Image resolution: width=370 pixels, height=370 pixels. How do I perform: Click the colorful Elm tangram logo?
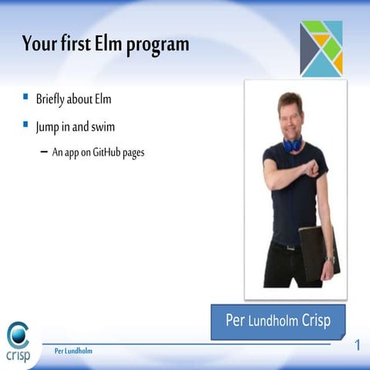(321, 49)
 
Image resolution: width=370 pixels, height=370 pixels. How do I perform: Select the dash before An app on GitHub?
(43, 152)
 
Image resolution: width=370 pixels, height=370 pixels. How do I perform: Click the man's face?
(290, 114)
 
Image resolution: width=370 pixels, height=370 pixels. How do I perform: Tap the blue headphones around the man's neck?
(292, 143)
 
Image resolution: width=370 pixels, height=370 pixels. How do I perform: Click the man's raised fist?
(311, 172)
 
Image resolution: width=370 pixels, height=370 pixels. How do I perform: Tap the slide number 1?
(358, 344)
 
